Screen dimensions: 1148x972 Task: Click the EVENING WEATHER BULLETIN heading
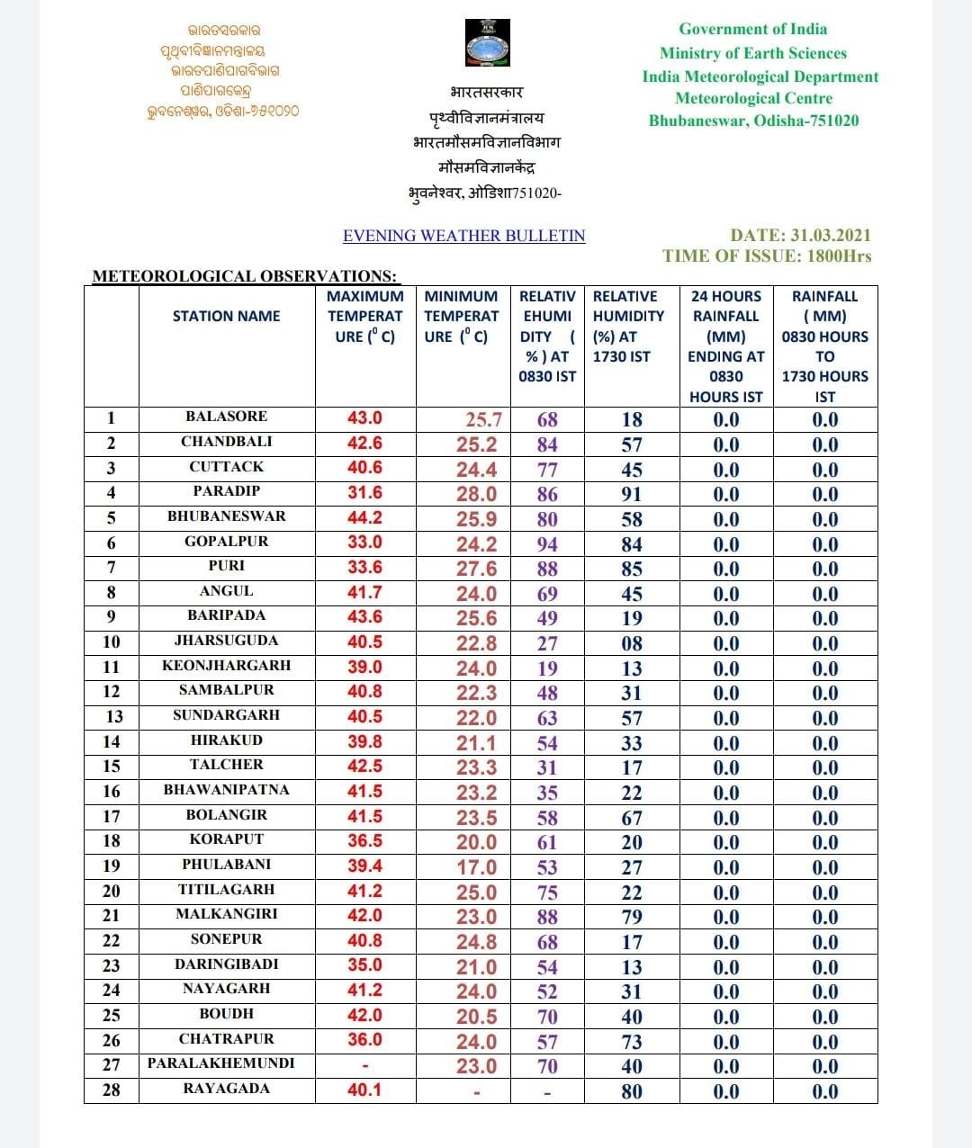tap(463, 236)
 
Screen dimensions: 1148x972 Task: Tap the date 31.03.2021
tap(831, 235)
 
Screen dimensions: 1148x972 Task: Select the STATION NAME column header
tap(226, 316)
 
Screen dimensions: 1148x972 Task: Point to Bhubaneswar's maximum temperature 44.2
tap(364, 517)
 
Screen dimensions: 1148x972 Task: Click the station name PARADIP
tap(226, 491)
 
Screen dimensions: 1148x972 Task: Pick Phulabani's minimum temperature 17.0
tap(476, 867)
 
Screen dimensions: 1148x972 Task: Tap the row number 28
tap(111, 1090)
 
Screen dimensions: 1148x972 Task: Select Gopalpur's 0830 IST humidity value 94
tap(547, 543)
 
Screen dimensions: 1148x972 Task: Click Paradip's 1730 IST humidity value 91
tap(632, 494)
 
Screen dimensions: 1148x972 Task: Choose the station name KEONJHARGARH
tap(226, 666)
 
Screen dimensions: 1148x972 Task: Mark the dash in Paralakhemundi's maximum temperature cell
tap(364, 1066)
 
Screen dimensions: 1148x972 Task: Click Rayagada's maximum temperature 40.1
tap(364, 1090)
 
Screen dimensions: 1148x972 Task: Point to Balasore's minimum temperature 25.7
tap(483, 419)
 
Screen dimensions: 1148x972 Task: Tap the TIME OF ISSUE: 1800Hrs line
tap(767, 256)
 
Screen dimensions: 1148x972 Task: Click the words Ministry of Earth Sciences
tap(752, 53)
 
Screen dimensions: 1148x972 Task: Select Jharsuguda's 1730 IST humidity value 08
tap(632, 643)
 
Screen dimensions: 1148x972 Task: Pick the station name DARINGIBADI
tap(226, 964)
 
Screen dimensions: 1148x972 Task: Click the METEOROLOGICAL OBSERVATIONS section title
tap(245, 276)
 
